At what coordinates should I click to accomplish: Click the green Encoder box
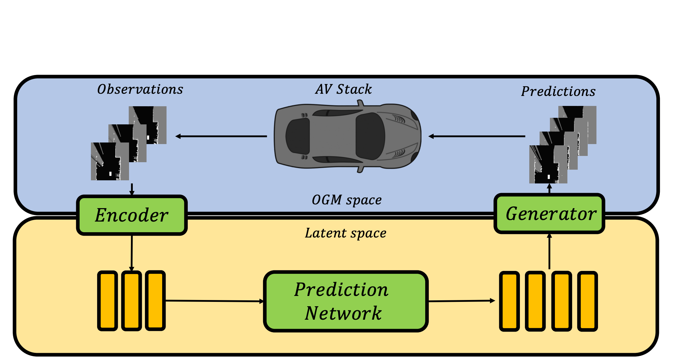pyautogui.click(x=132, y=215)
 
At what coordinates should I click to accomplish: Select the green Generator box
pyautogui.click(x=549, y=214)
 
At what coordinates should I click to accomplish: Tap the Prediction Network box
pyautogui.click(x=346, y=301)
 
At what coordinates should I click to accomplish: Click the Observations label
pyautogui.click(x=140, y=89)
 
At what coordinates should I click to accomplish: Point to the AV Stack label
pyautogui.click(x=343, y=89)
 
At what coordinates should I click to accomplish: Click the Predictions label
pyautogui.click(x=558, y=91)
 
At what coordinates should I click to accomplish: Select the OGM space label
pyautogui.click(x=346, y=200)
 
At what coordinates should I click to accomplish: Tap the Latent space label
pyautogui.click(x=346, y=233)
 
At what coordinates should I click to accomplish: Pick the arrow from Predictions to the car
pyautogui.click(x=477, y=136)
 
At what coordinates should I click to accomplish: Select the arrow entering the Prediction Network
pyautogui.click(x=214, y=301)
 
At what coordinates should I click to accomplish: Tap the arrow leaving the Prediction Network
pyautogui.click(x=461, y=301)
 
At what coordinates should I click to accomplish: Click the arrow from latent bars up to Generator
pyautogui.click(x=549, y=251)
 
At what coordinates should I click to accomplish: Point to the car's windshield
pyautogui.click(x=370, y=136)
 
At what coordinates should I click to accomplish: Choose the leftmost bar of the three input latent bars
pyautogui.click(x=107, y=301)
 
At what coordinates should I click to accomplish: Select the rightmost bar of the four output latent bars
pyautogui.click(x=587, y=301)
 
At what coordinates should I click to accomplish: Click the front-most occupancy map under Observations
pyautogui.click(x=110, y=162)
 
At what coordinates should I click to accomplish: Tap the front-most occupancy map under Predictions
pyautogui.click(x=548, y=164)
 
